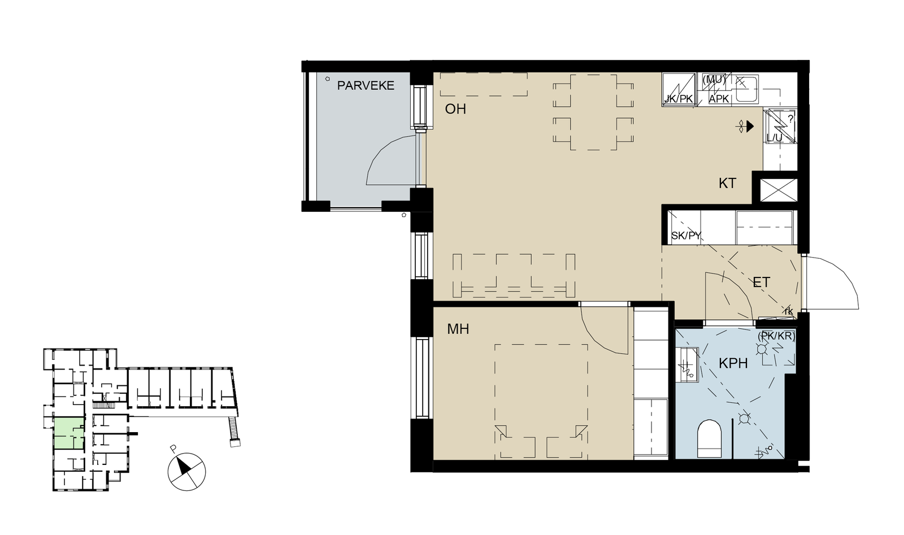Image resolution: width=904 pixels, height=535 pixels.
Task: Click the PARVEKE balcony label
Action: tap(366, 85)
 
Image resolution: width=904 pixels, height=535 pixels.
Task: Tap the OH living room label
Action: tap(455, 109)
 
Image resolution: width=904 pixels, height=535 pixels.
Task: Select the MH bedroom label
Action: tap(458, 329)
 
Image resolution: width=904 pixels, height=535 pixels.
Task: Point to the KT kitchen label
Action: tap(727, 184)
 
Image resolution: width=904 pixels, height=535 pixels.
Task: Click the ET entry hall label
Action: tap(762, 282)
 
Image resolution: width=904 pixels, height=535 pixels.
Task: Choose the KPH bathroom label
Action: tap(733, 363)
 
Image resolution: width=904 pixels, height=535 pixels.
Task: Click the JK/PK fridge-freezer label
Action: tap(679, 99)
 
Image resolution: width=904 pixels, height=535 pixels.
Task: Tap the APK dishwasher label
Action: tap(719, 99)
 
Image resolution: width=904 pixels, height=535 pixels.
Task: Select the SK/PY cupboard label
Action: tap(686, 236)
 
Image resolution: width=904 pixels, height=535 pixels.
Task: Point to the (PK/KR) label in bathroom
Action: tap(776, 336)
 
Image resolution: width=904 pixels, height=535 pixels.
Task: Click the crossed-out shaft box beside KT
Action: tap(779, 190)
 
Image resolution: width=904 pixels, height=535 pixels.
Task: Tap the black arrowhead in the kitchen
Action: tap(750, 127)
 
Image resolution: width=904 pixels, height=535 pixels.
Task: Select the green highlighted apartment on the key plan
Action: tap(69, 434)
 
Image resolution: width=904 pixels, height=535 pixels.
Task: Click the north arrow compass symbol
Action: tap(186, 472)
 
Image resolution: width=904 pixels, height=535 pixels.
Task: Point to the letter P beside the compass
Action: tap(173, 448)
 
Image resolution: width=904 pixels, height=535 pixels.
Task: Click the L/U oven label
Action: tap(774, 138)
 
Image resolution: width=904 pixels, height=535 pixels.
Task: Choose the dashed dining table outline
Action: tap(593, 112)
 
